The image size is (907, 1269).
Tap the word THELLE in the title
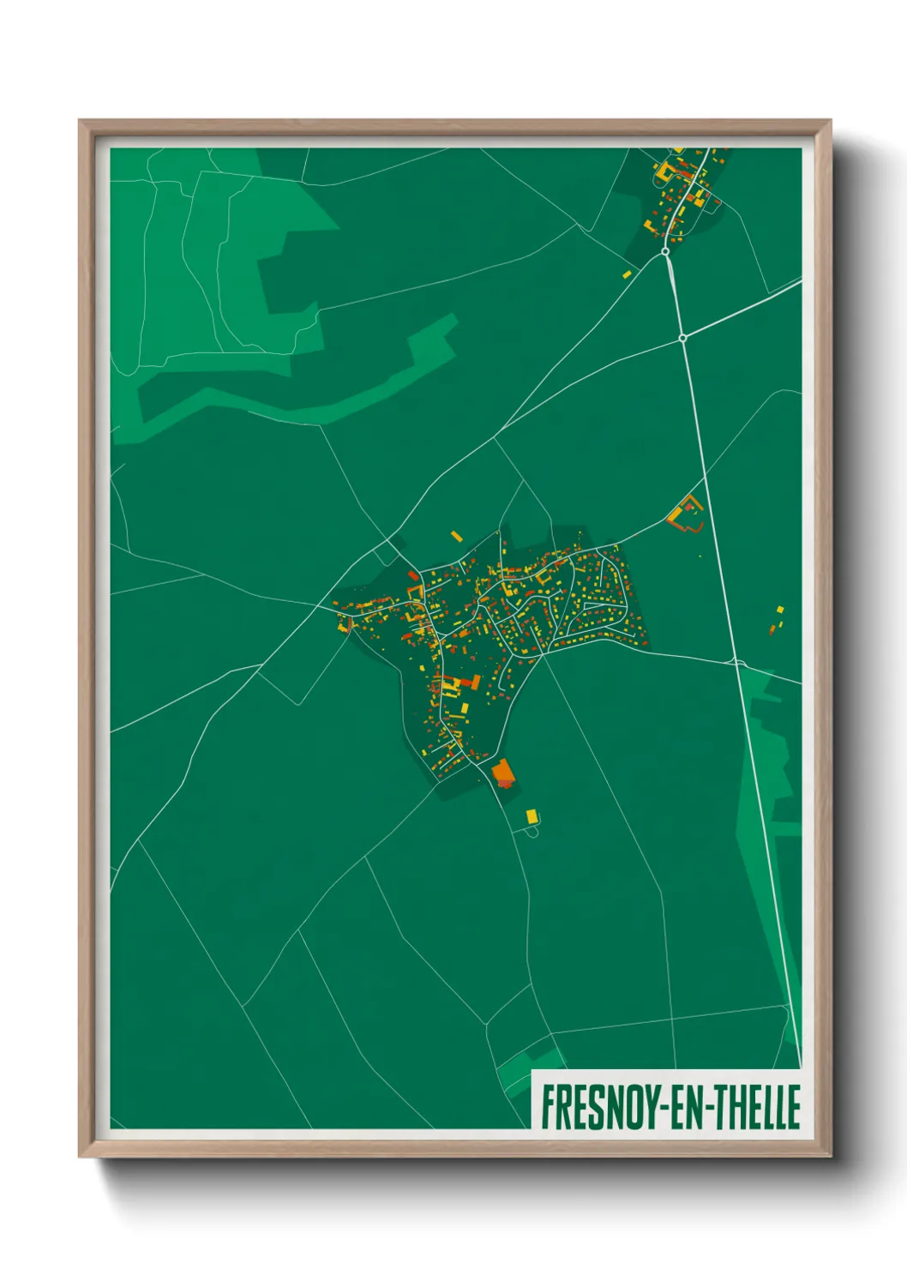[758, 1106]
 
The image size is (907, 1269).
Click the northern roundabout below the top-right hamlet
[666, 251]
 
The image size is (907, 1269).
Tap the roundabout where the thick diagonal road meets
[682, 338]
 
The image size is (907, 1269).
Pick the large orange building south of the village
[502, 773]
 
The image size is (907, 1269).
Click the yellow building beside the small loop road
[532, 815]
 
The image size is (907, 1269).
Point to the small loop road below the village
[532, 830]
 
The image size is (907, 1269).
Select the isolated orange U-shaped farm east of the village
[686, 514]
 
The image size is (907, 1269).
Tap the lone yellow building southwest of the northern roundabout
[627, 274]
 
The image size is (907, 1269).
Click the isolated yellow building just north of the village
[457, 536]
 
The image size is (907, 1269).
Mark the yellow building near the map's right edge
[780, 610]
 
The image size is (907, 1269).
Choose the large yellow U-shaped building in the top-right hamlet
[663, 171]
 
